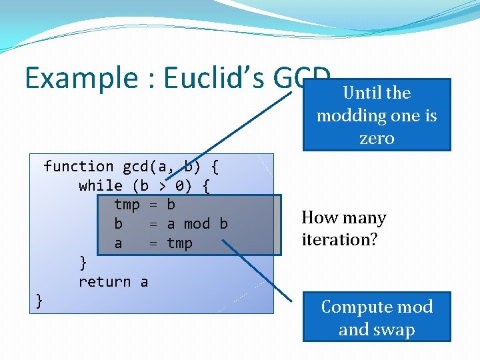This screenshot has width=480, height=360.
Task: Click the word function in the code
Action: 78,167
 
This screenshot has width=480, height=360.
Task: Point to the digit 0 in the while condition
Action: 179,186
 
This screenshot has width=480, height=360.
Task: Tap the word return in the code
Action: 104,282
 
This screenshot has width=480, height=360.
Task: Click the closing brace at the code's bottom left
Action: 39,301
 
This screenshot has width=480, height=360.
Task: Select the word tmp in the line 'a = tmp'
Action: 179,243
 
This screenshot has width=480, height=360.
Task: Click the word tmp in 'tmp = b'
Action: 127,205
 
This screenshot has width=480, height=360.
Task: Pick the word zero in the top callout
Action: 377,139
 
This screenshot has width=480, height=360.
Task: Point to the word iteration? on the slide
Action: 339,239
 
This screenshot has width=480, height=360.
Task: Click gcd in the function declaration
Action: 135,167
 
